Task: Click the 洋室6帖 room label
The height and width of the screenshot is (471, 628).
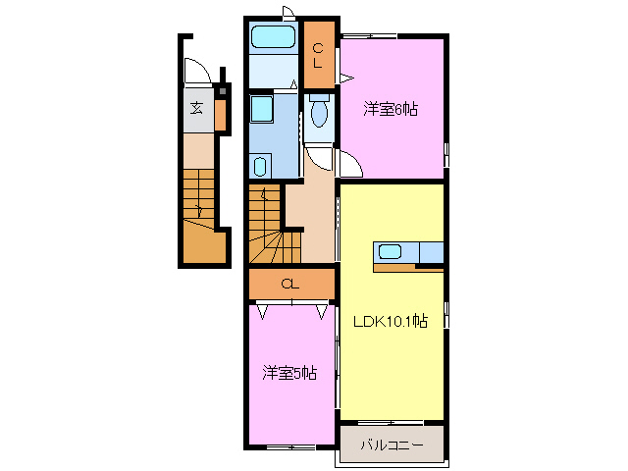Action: tap(391, 110)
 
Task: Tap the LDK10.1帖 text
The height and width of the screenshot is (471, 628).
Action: tap(390, 320)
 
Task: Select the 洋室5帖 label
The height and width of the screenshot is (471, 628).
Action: tap(288, 373)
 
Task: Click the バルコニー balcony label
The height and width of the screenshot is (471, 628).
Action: tap(391, 445)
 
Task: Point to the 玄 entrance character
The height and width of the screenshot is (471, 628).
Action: tap(196, 109)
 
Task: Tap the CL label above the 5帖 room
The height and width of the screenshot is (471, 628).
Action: tap(288, 285)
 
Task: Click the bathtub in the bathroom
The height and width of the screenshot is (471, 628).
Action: tap(273, 38)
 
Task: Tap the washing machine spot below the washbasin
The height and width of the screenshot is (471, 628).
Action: tap(260, 165)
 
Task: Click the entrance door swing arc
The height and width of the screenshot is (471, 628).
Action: tap(194, 73)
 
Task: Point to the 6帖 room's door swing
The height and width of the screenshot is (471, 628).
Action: tap(349, 165)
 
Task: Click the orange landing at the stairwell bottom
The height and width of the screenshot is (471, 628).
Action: tap(204, 245)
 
